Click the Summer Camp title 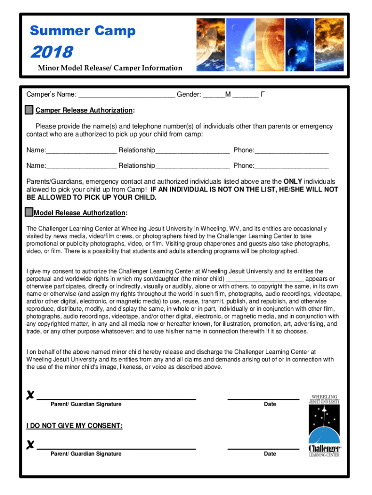[x=83, y=31]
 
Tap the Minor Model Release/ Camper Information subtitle [x=110, y=68]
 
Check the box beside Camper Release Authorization [x=29, y=110]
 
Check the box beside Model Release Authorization [x=29, y=212]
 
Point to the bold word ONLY [x=293, y=181]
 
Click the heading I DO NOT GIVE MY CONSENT [x=74, y=426]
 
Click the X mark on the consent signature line [x=30, y=395]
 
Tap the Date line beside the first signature [x=263, y=397]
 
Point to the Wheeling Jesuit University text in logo [x=325, y=399]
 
